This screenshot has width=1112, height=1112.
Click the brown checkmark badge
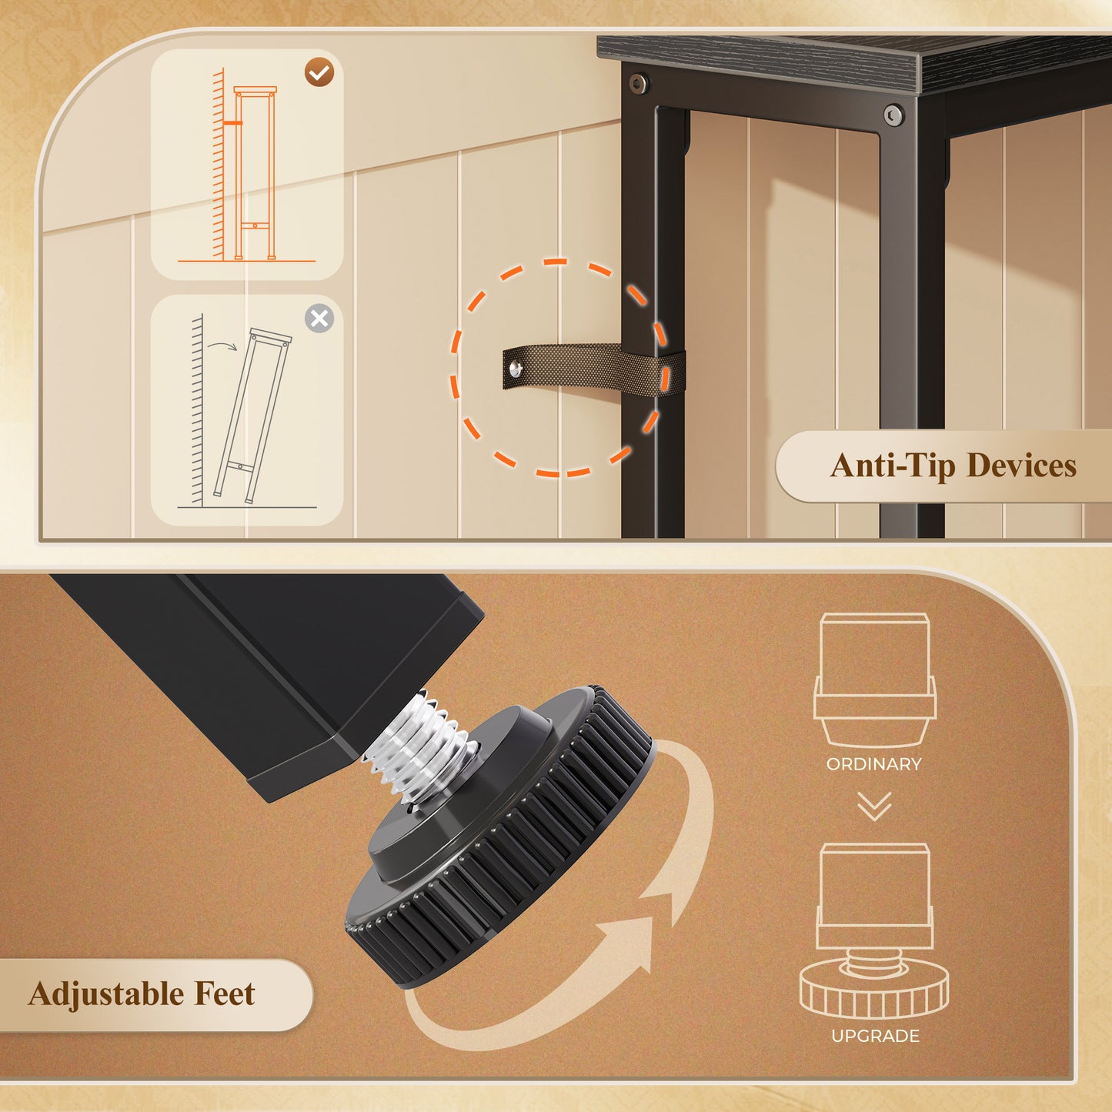[319, 72]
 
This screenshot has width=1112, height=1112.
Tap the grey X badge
[319, 319]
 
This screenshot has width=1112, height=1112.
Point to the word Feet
[225, 993]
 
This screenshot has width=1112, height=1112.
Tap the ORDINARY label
[873, 764]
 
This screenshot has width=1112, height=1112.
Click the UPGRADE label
[876, 1036]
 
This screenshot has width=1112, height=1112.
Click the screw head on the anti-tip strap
[516, 368]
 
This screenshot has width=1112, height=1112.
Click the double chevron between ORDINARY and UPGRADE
[874, 806]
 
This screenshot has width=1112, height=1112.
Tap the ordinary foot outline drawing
[875, 680]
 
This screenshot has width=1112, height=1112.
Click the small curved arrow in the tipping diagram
[222, 346]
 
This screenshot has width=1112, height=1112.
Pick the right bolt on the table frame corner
[893, 115]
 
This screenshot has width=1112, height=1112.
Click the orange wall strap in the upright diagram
[232, 123]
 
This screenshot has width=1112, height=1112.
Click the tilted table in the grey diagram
[252, 415]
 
